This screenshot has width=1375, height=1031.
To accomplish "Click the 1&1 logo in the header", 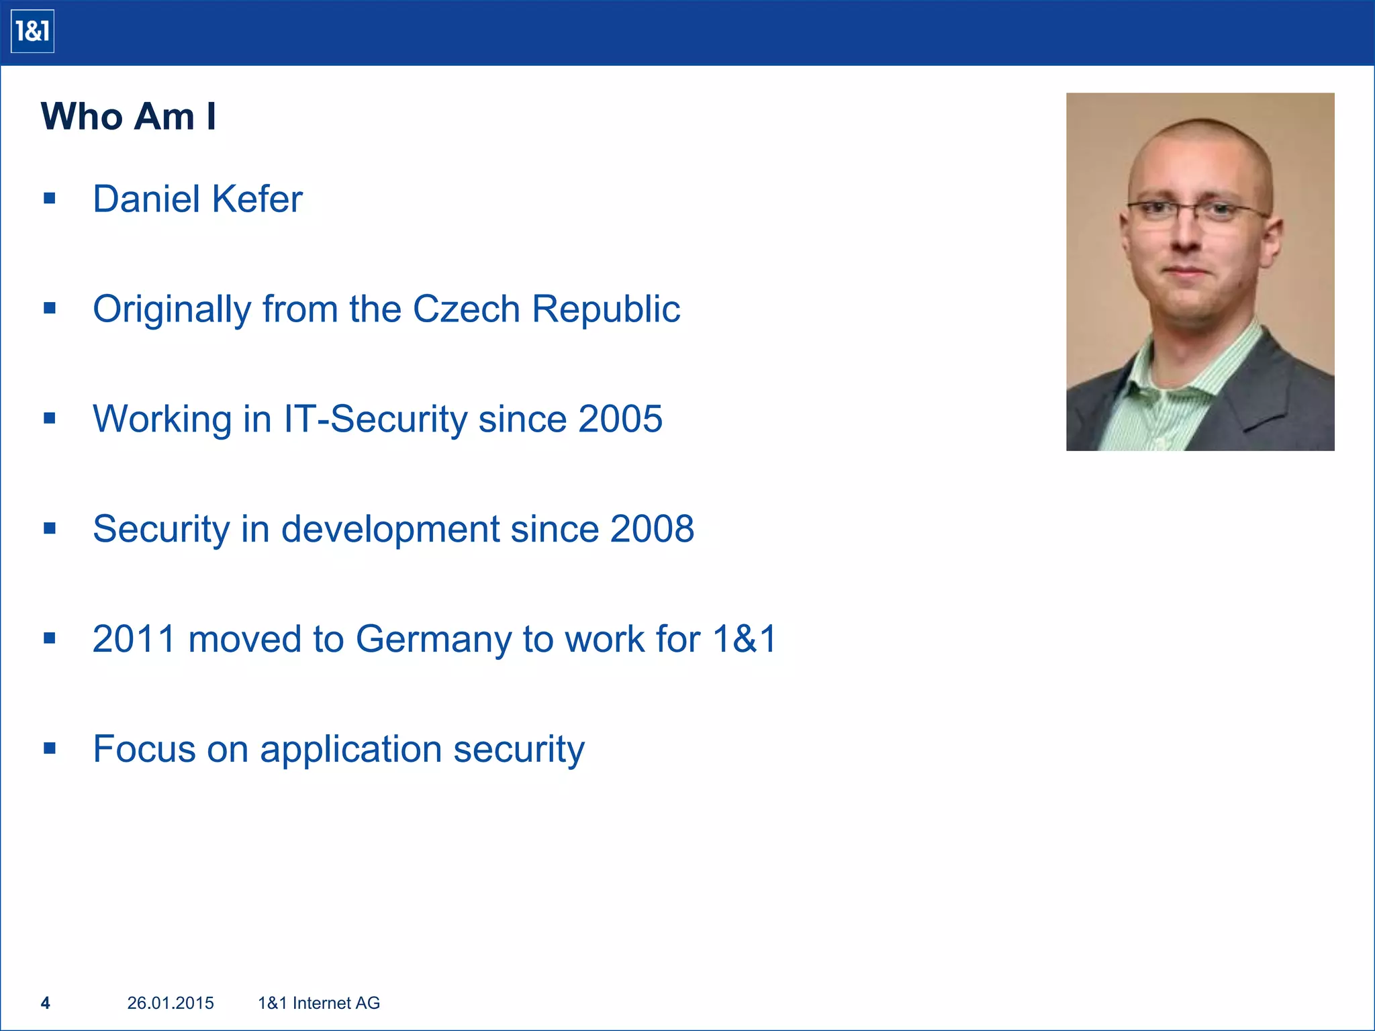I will [x=32, y=32].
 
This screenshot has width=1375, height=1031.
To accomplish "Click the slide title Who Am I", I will [x=128, y=117].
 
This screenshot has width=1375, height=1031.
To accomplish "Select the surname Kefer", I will [x=257, y=199].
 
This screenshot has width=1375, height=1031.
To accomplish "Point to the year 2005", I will [x=620, y=420].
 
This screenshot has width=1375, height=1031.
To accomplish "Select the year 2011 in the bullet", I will [x=134, y=640].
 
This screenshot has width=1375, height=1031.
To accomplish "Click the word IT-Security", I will [x=375, y=420].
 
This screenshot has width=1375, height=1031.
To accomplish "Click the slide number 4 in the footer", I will [x=46, y=1003].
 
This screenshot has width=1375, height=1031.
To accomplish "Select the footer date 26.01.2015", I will [x=171, y=1003].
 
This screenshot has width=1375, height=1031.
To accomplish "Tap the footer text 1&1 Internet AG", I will [x=319, y=1003].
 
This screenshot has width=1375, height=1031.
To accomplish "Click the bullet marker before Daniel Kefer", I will [x=50, y=199].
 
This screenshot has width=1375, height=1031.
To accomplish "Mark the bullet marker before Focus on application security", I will [x=50, y=748].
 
